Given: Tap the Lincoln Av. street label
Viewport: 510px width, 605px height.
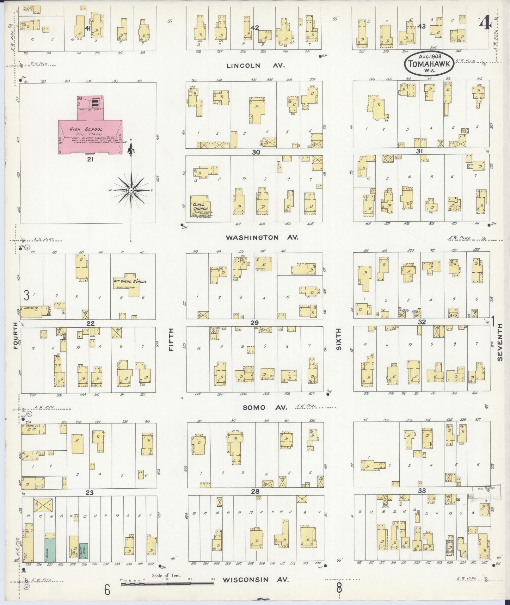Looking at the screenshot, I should click(x=256, y=66).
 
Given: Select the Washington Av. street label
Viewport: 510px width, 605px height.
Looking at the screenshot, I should click(x=261, y=237).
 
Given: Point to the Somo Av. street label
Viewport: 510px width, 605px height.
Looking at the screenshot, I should click(x=265, y=408).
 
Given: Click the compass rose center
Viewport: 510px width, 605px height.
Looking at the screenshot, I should click(x=131, y=190).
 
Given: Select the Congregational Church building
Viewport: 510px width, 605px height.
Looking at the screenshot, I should click(x=201, y=206).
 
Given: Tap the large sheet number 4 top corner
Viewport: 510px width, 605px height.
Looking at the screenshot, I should click(x=485, y=23).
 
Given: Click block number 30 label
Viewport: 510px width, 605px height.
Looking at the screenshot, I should click(x=256, y=152).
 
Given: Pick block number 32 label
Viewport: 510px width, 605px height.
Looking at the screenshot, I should click(x=422, y=322).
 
